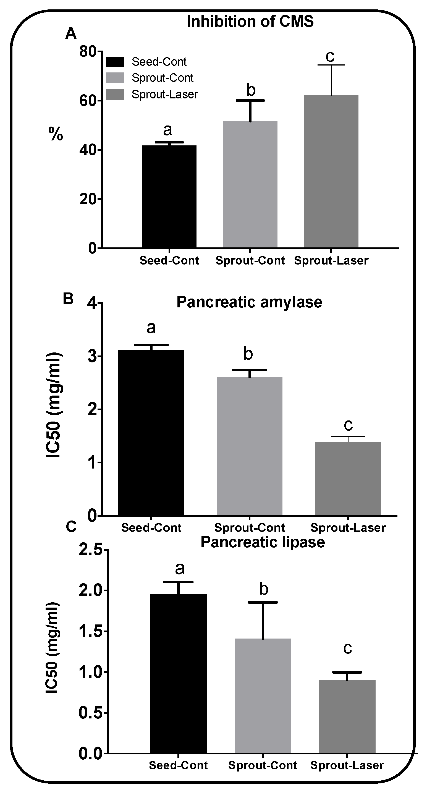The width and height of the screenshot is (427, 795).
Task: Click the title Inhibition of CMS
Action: pyautogui.click(x=250, y=22)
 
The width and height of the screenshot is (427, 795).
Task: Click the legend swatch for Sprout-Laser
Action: pyautogui.click(x=115, y=95)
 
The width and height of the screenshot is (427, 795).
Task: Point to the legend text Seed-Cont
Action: pyautogui.click(x=159, y=62)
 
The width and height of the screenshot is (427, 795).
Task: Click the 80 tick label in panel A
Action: pyautogui.click(x=88, y=51)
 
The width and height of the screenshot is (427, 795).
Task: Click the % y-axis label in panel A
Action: pyautogui.click(x=56, y=135)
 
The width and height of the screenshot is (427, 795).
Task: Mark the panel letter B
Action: pyautogui.click(x=68, y=299)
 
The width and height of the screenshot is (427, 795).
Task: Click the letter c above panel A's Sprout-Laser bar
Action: pyautogui.click(x=330, y=56)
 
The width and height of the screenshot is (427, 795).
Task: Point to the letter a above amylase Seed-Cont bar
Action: pyautogui.click(x=151, y=328)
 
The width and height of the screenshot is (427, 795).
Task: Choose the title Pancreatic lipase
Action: pyautogui.click(x=263, y=542)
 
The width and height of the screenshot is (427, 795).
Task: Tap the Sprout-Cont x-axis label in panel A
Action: pyautogui.click(x=250, y=260)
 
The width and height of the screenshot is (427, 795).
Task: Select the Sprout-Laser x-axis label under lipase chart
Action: pyautogui.click(x=347, y=765)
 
